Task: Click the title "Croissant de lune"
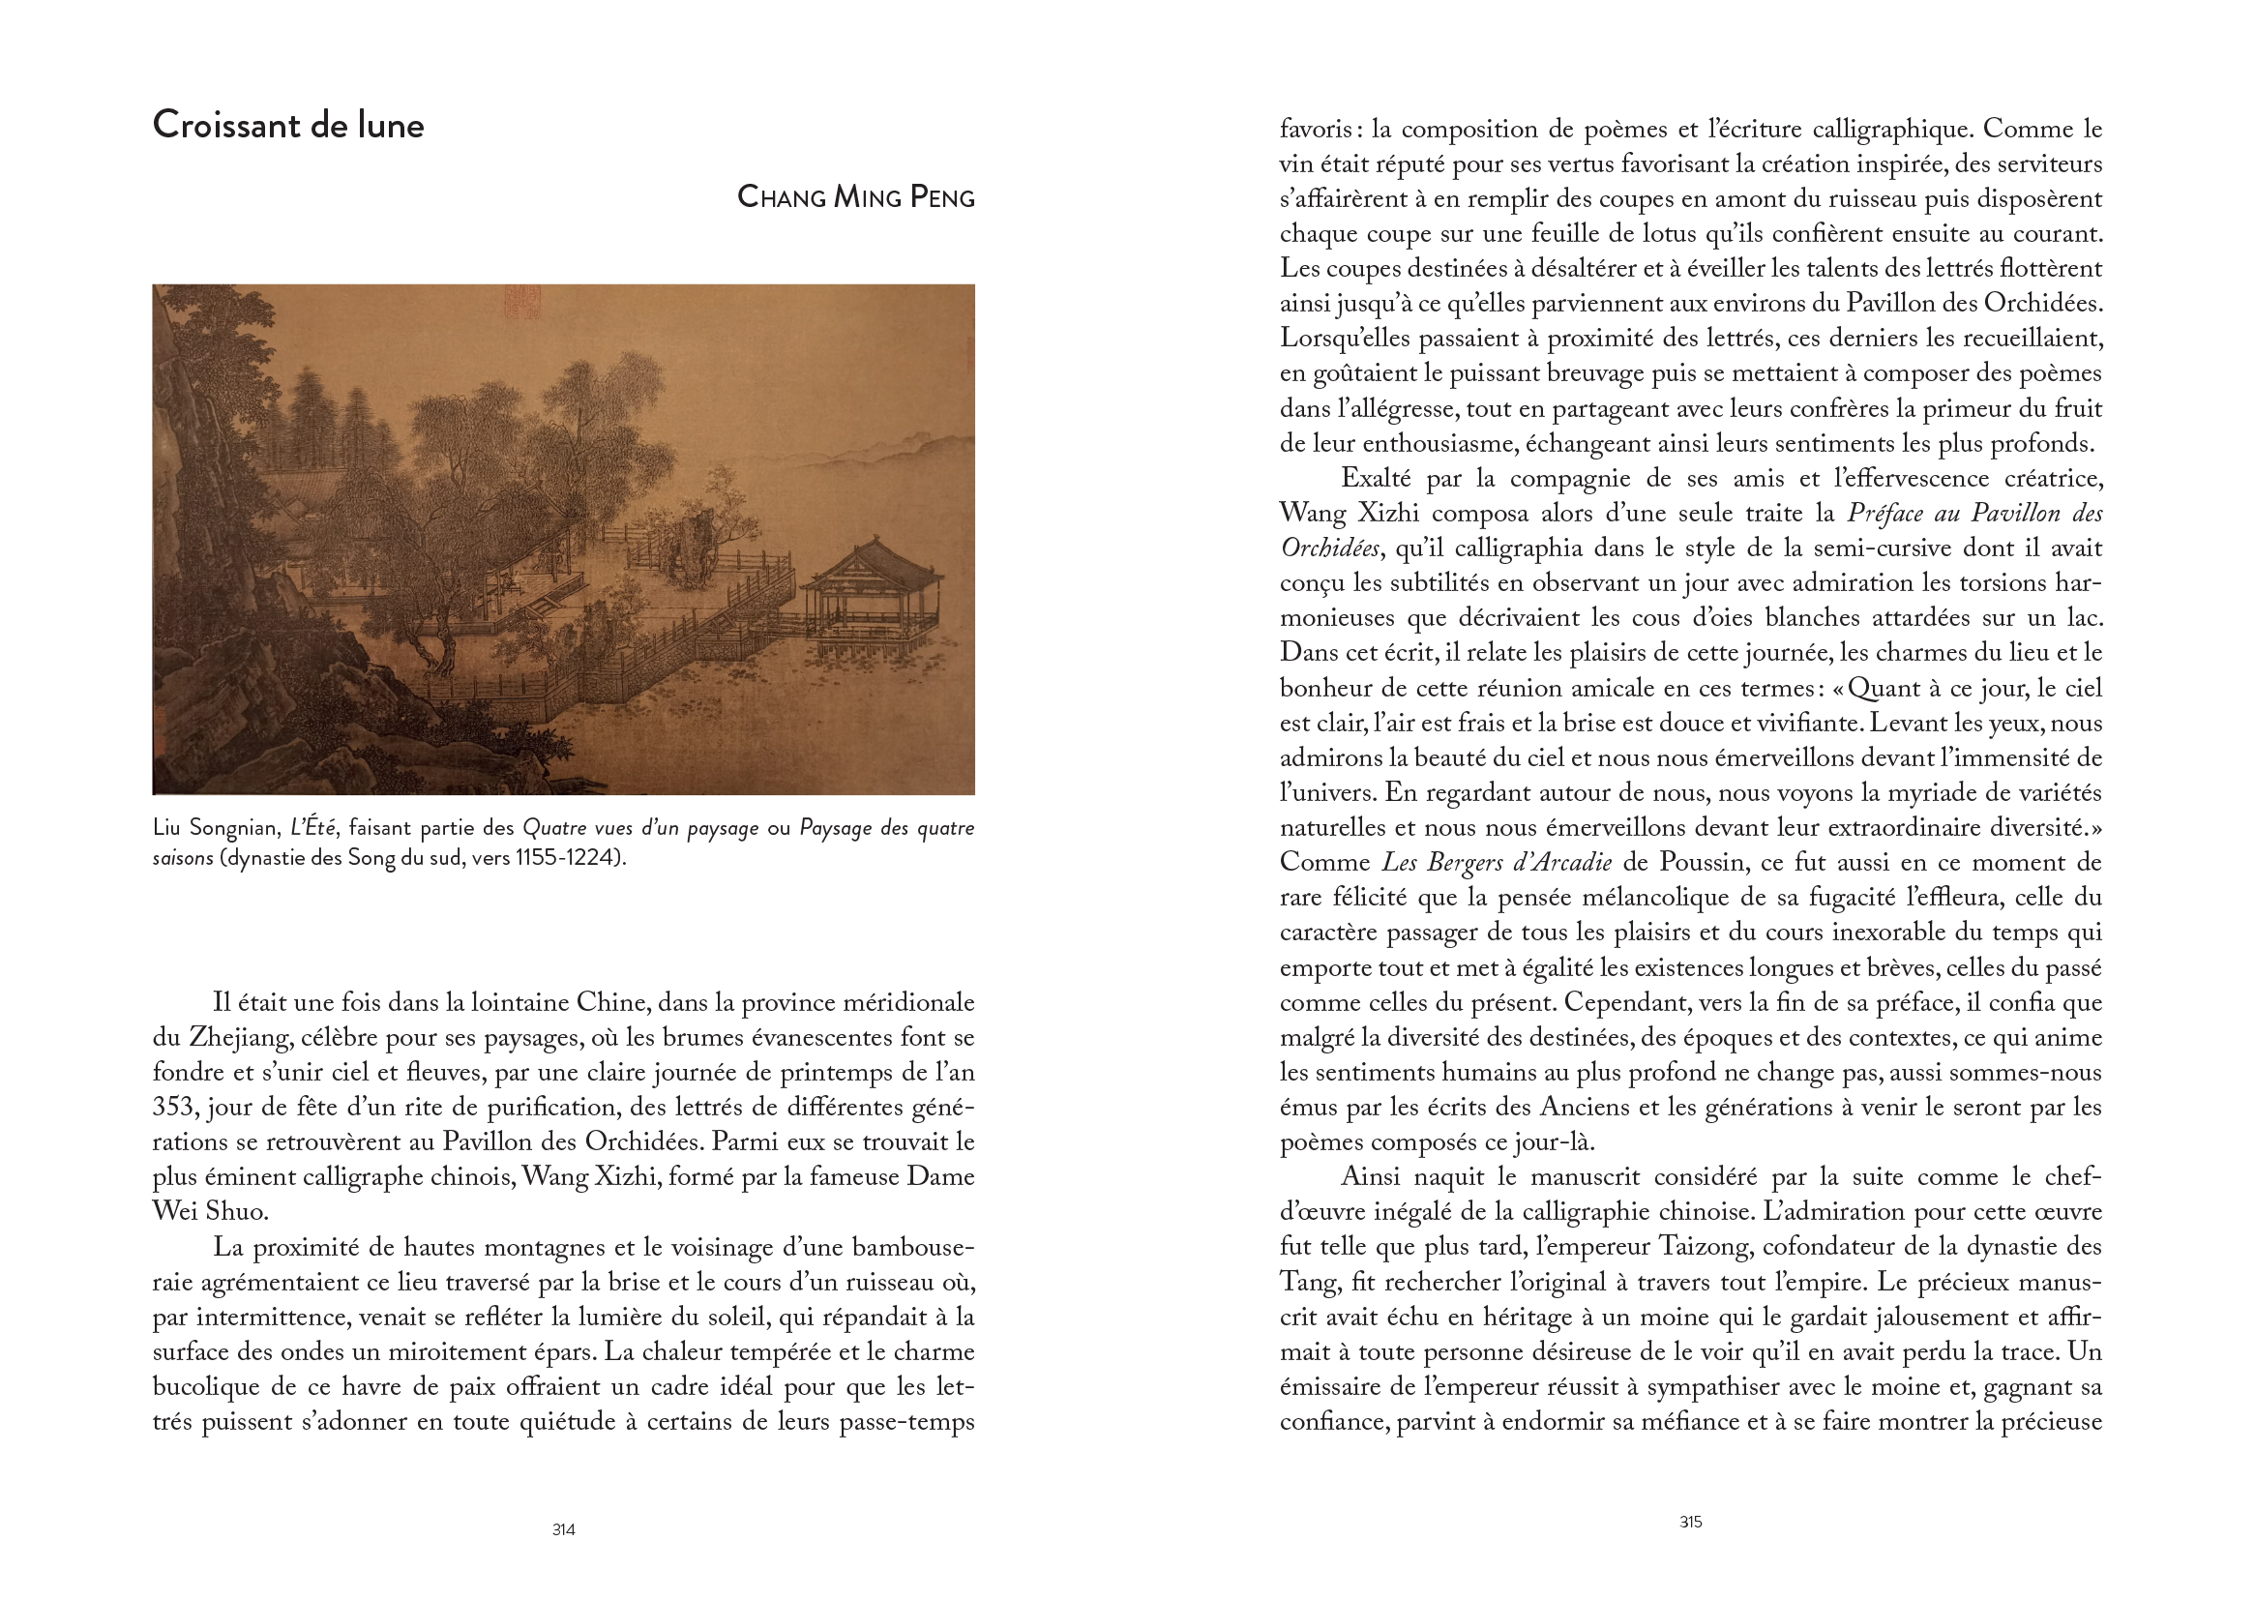[287, 125]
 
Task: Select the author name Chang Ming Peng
[855, 197]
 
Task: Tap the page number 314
[563, 1529]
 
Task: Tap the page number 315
[1690, 1522]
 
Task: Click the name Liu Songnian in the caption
[216, 828]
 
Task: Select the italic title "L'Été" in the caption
[314, 828]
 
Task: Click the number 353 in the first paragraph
[174, 1107]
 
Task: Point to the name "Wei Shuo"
[210, 1211]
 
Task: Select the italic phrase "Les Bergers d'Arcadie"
[1497, 862]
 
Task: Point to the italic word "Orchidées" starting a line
[1329, 548]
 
